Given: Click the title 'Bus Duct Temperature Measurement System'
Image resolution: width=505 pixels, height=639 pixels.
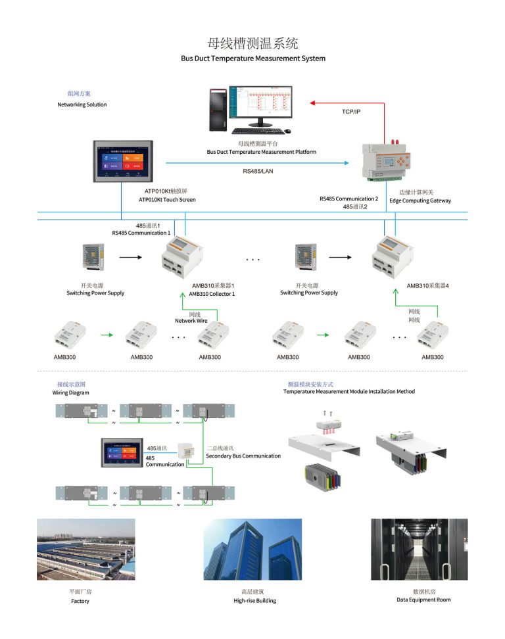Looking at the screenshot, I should (253, 59).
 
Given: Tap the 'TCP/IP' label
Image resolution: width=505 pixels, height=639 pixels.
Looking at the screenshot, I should (350, 112).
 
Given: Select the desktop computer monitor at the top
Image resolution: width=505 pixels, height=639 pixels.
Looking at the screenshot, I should (260, 105).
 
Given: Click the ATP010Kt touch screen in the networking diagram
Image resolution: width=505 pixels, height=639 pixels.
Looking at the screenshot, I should (122, 161).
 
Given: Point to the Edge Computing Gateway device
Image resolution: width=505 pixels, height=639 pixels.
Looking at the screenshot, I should (384, 162).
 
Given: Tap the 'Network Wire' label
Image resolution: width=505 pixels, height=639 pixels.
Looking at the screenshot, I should (191, 321).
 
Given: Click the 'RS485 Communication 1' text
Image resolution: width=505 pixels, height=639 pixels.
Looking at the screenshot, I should (141, 233).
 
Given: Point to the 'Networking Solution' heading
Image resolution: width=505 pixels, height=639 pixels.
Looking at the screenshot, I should (82, 105).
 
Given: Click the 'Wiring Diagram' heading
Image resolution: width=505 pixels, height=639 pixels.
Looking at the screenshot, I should (70, 392).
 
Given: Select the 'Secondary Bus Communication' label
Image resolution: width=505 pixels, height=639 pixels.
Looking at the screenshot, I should (243, 456).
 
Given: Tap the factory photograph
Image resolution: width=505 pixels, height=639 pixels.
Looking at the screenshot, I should (85, 549).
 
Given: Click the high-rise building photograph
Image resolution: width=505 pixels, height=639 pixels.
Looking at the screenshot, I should (252, 549).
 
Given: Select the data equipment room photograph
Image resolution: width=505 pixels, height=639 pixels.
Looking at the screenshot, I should (419, 549).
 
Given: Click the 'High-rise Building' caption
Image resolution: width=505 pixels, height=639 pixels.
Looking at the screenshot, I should (254, 600).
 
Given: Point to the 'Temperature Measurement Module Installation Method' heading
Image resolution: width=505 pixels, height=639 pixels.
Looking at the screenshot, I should (349, 391).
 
